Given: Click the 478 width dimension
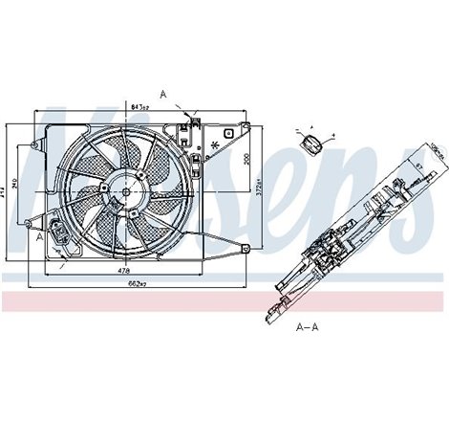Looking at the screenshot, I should point(123,271).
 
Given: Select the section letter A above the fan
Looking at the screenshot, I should point(163,94).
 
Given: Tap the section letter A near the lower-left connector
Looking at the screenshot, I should point(39,239).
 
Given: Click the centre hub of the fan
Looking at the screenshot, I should point(123,188).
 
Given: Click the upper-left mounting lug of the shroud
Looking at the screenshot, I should point(36,145).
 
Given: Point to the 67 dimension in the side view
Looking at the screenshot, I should point(417,168).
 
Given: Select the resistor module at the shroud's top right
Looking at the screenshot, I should point(191,127).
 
